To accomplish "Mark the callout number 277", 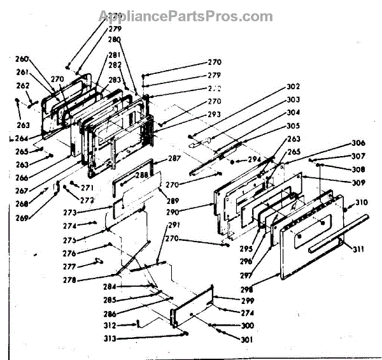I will coord(69,267).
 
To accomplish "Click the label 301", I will coord(246,340).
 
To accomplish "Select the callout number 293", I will coord(214,114).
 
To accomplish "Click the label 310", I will coord(362,203).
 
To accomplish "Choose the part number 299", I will coord(248,301).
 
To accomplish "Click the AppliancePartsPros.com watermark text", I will coord(192,17).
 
